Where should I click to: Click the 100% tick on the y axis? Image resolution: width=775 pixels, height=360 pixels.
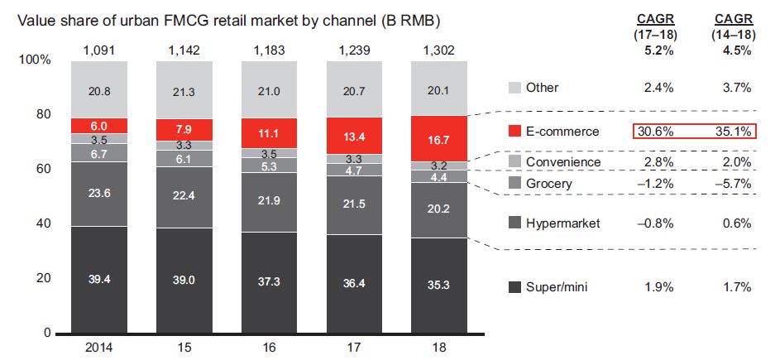(x=35, y=60)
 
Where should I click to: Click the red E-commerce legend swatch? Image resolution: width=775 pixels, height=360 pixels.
(x=514, y=132)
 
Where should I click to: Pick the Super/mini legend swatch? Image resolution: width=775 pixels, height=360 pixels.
(x=514, y=287)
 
